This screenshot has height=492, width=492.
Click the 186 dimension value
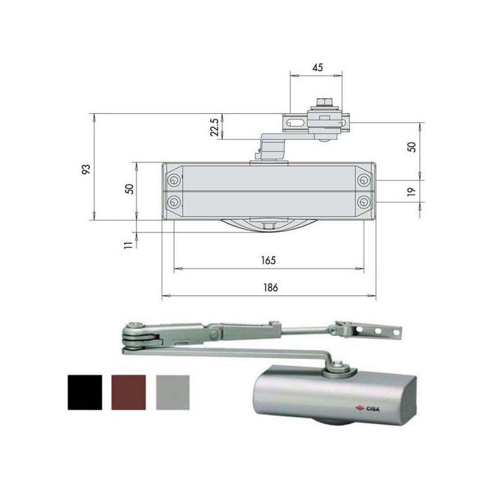click(271, 287)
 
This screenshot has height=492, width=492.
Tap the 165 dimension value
click(268, 260)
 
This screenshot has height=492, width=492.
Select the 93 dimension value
click(86, 169)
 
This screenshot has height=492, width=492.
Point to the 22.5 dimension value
click(214, 127)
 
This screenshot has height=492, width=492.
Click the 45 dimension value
click(318, 67)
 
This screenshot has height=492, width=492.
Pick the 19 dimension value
click(411, 192)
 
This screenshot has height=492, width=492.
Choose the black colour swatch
click(85, 392)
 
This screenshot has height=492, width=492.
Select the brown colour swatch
click(129, 392)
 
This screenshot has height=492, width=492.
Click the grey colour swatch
click(173, 392)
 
